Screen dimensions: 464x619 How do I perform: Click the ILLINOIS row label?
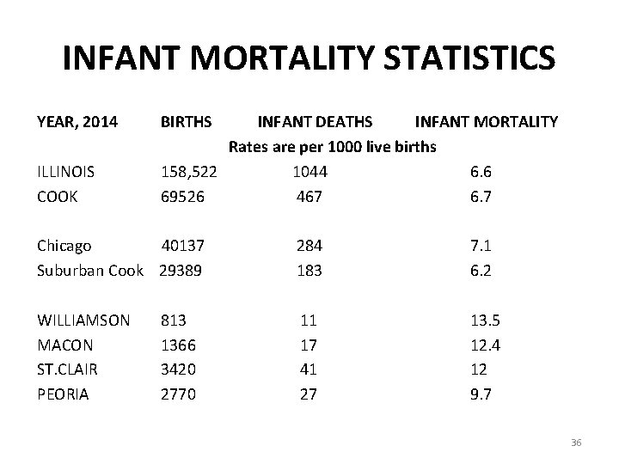[66, 171]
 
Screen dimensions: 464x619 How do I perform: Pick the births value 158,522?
[189, 171]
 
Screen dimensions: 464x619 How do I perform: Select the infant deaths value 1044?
[309, 171]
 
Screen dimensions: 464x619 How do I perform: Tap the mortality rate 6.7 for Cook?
[481, 196]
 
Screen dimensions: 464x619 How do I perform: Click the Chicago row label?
[64, 246]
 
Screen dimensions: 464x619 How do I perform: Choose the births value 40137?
[193, 246]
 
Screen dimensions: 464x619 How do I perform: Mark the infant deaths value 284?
[309, 246]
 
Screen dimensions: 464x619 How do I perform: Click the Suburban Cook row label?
[90, 270]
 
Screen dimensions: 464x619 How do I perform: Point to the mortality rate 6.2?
[481, 270]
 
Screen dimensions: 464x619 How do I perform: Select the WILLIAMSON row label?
[83, 321]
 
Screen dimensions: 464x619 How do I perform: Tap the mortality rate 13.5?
[484, 321]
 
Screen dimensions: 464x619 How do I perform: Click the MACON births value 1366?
[179, 345]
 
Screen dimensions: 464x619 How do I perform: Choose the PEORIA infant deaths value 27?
[309, 394]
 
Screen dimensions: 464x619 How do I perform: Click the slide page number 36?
[576, 442]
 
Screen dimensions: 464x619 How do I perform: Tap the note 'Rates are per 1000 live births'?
[333, 146]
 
